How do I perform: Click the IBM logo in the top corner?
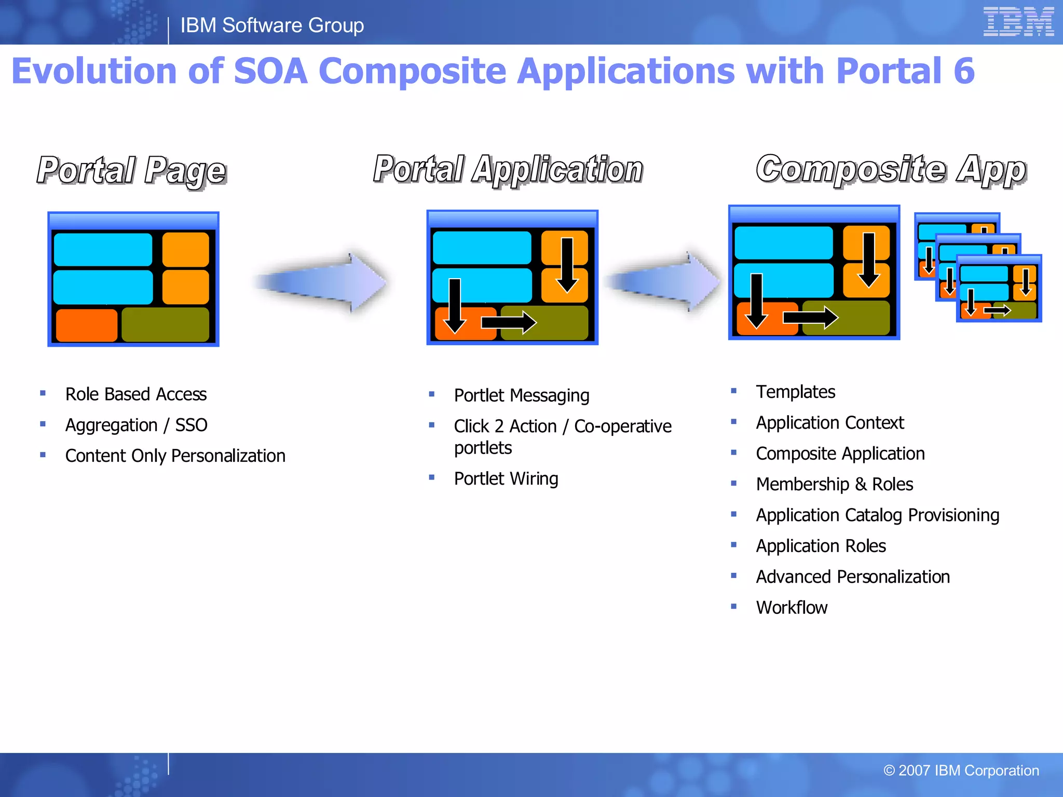1018,22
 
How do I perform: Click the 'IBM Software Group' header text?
272,25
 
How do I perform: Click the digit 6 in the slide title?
964,71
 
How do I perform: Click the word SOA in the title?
270,71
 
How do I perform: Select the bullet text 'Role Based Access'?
136,394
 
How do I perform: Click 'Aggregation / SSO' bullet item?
136,425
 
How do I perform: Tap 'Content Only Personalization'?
175,456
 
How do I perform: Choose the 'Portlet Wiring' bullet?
506,478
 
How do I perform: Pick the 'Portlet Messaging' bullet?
522,395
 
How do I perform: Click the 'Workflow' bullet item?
792,608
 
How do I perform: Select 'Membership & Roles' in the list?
834,484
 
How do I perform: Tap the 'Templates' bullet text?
795,392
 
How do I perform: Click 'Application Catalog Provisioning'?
877,515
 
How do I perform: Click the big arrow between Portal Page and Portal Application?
322,283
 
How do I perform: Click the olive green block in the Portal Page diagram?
165,325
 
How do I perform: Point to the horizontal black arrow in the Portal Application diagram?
508,322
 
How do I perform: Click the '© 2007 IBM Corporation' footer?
961,771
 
